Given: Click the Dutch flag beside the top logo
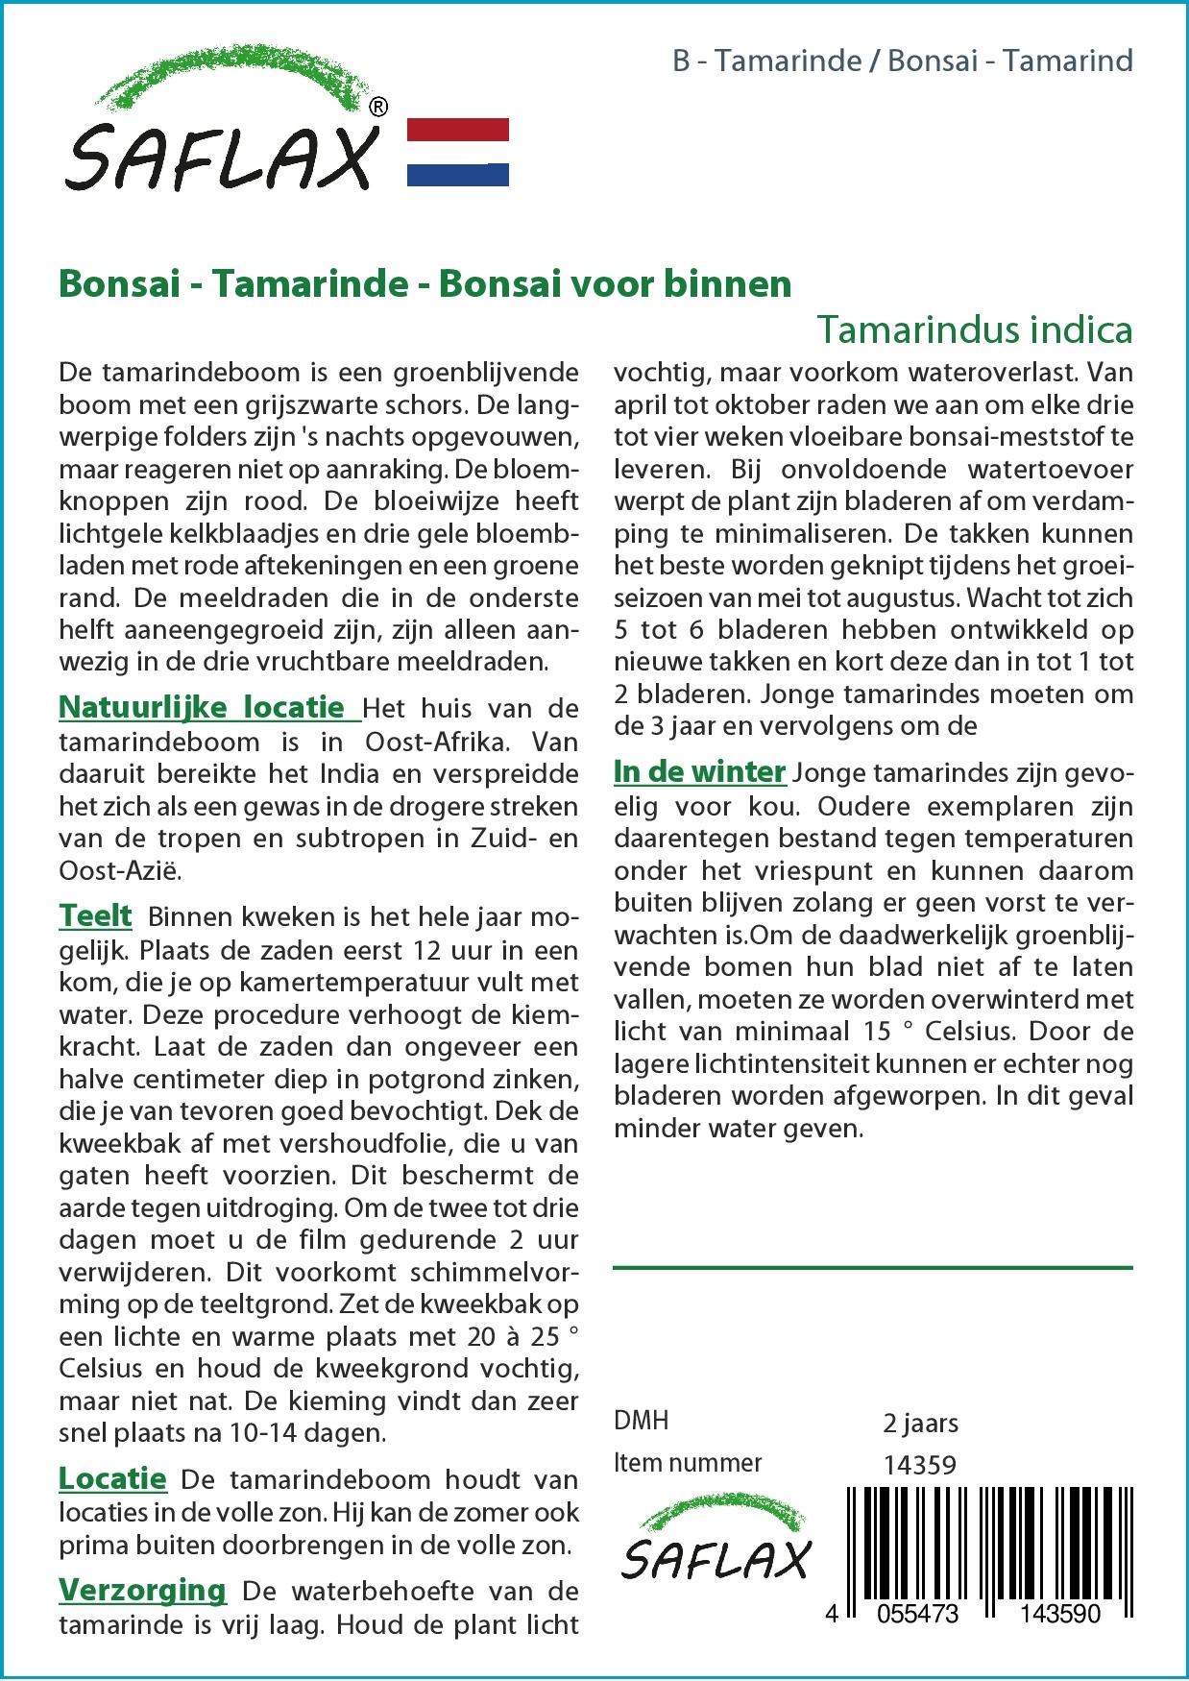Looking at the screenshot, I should click(458, 152).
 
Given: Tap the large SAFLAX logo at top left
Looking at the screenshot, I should click(224, 121).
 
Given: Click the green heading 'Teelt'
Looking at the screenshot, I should click(96, 915).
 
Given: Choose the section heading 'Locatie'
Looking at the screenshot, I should click(112, 1478).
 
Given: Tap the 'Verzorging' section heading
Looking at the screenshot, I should click(142, 1590).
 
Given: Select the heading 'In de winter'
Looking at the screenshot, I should click(699, 771).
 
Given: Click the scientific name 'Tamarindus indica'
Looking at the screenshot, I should click(974, 329).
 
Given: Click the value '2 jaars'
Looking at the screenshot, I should click(920, 1423).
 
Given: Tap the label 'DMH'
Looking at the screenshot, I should click(641, 1421).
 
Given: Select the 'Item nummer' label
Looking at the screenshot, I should click(688, 1463).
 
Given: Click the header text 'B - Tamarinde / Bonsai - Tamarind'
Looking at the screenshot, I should click(902, 61).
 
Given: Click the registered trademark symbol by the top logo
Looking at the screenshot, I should click(378, 107).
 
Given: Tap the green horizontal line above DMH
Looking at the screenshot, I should click(872, 1268).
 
